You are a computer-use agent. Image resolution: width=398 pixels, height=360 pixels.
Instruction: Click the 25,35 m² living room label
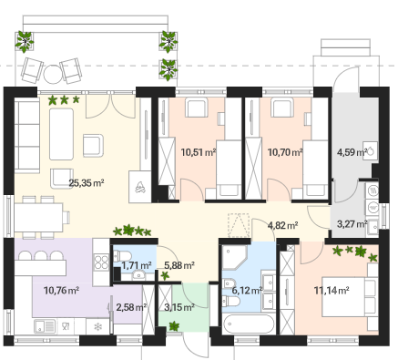pos(87,183)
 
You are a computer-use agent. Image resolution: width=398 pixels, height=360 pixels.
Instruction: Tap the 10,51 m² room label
pos(199,152)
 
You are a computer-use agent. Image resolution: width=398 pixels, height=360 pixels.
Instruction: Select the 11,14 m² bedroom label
pos(332,291)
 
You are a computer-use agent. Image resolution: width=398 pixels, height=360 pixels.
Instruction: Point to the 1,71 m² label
pos(137,265)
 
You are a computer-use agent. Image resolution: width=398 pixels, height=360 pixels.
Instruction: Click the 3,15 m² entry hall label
pos(179,307)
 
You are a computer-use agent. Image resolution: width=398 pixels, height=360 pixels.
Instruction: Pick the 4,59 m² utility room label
pos(352,152)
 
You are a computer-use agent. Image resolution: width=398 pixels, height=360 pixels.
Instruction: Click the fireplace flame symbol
pos(140,187)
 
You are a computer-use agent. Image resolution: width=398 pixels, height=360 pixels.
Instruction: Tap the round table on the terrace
pos(53,75)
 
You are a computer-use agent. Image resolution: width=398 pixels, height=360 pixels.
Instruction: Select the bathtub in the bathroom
pos(249,324)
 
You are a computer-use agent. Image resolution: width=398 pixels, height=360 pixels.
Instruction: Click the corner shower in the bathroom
pos(235,258)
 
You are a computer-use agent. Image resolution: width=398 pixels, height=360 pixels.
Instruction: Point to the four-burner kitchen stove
pos(101,262)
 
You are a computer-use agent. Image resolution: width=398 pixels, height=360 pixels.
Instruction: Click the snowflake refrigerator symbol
pos(97,327)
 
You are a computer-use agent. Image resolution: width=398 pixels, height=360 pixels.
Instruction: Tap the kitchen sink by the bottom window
pos(45,326)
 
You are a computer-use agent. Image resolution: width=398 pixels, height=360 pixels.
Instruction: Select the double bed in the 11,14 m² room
pos(350,297)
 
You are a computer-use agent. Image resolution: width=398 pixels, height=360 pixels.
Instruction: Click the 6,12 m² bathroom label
pos(247,291)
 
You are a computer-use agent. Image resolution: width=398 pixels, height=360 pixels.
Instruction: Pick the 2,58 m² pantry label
pos(131,307)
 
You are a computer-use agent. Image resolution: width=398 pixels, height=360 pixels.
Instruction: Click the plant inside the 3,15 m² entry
pos(174,326)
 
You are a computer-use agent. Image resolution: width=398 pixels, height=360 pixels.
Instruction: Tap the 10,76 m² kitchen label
pos(61,291)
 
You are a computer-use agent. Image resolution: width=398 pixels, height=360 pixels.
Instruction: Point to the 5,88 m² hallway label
pos(179,265)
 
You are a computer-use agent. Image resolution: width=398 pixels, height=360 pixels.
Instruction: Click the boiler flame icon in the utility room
pos(371,151)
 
